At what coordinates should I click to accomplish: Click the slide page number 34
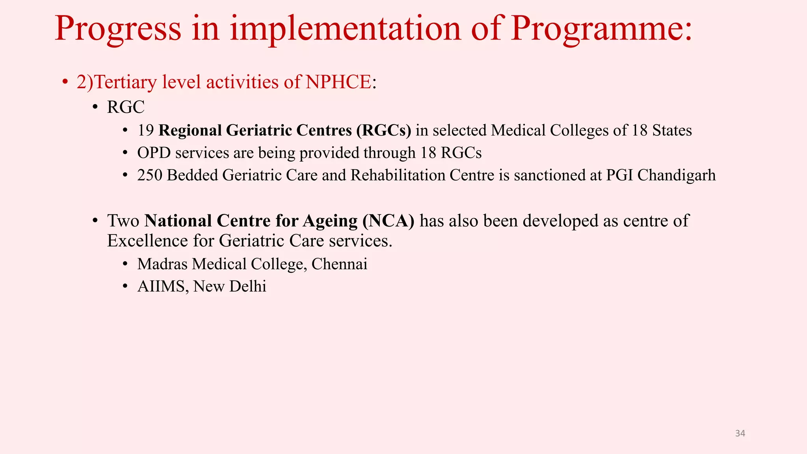click(740, 434)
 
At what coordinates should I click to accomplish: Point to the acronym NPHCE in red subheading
click(338, 82)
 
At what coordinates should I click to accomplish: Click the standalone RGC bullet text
click(126, 107)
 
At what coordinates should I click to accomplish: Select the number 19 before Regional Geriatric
click(145, 130)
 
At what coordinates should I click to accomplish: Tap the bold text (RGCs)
click(384, 130)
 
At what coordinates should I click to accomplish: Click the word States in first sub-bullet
click(672, 130)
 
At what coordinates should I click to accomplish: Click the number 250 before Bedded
click(150, 175)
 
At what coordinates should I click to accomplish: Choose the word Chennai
click(339, 264)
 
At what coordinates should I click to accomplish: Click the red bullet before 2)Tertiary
click(65, 82)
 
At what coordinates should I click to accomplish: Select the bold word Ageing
click(330, 221)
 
